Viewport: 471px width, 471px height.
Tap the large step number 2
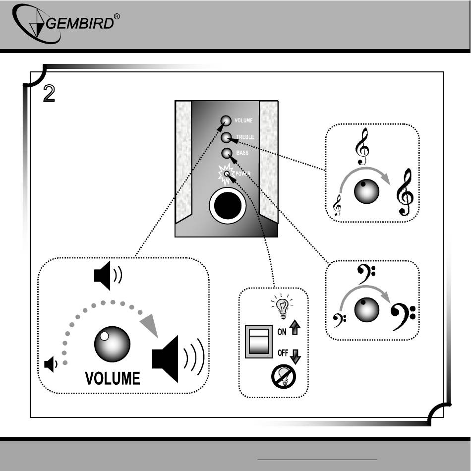click(x=49, y=94)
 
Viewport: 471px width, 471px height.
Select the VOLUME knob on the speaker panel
click(x=226, y=120)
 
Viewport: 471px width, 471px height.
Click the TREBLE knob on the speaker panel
click(x=227, y=137)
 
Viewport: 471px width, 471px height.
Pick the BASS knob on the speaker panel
click(x=227, y=153)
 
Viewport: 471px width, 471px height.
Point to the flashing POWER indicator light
click(x=227, y=174)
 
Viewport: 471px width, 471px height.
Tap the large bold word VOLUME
click(x=113, y=379)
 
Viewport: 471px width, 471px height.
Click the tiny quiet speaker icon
click(x=50, y=364)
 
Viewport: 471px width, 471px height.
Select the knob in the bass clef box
click(x=367, y=310)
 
